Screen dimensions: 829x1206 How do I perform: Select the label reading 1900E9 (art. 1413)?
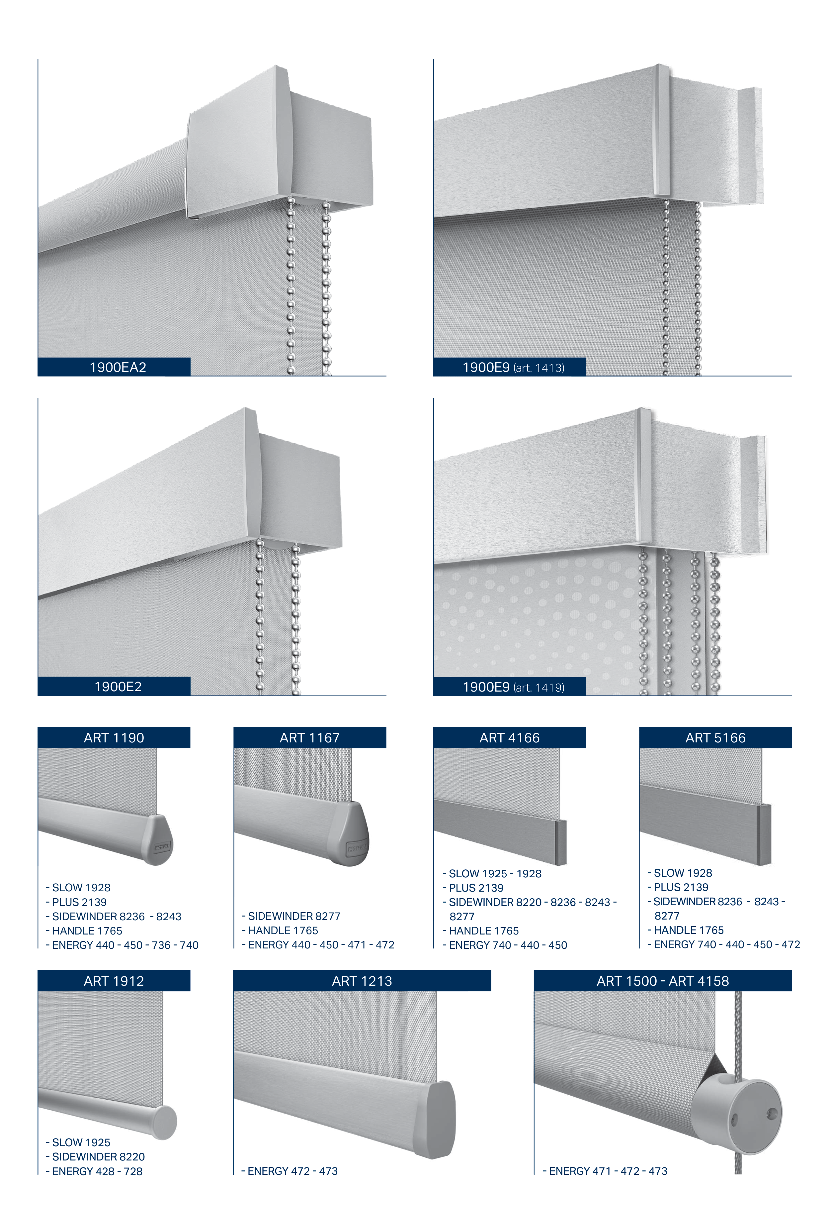click(513, 368)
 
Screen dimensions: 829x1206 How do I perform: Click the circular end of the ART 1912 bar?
click(164, 1122)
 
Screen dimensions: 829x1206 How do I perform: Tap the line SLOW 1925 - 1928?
click(492, 873)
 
